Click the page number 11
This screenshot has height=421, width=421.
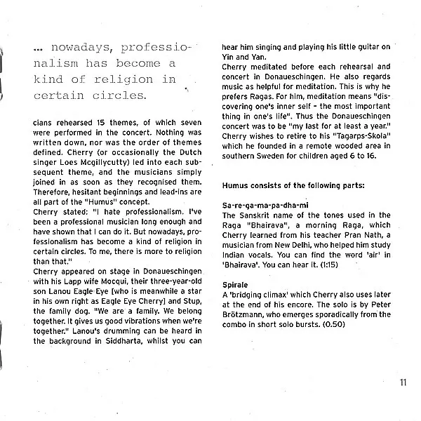coord(403,381)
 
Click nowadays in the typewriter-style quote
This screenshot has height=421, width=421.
coord(81,48)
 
